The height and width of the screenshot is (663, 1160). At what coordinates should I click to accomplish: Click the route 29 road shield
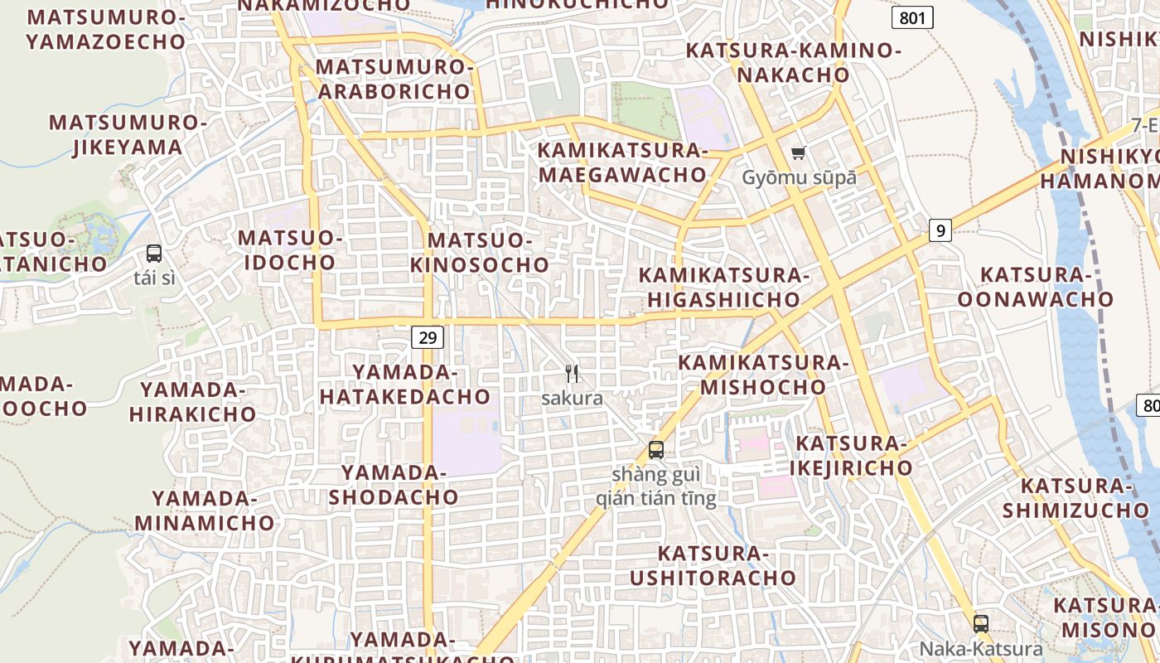[427, 337]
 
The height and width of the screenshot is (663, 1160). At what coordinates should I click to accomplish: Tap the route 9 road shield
[939, 230]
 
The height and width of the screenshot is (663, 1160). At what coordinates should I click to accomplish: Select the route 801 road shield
[912, 17]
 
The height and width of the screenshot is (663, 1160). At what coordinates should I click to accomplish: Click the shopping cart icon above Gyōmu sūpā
[799, 152]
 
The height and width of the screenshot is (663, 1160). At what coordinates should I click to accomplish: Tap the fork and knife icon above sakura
[571, 373]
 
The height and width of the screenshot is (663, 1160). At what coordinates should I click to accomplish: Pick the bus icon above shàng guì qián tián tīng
[655, 450]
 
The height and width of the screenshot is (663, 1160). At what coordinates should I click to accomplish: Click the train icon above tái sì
[154, 254]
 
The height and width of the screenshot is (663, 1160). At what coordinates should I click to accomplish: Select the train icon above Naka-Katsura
[981, 624]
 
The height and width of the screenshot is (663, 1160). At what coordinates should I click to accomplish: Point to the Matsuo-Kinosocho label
[480, 253]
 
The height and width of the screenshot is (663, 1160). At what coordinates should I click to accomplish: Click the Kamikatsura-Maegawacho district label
[622, 162]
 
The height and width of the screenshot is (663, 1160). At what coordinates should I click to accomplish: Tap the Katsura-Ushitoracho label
[713, 565]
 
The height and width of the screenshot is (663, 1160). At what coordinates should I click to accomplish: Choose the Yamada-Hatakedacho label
[405, 384]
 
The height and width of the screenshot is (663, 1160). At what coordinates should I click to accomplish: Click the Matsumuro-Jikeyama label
[128, 135]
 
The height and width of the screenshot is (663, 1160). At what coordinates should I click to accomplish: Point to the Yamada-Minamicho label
[205, 511]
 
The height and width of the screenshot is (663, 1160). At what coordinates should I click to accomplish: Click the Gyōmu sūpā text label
[799, 177]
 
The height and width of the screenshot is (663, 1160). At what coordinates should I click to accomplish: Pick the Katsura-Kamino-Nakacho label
[793, 62]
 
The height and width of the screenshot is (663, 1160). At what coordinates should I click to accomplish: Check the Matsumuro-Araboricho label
[394, 79]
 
